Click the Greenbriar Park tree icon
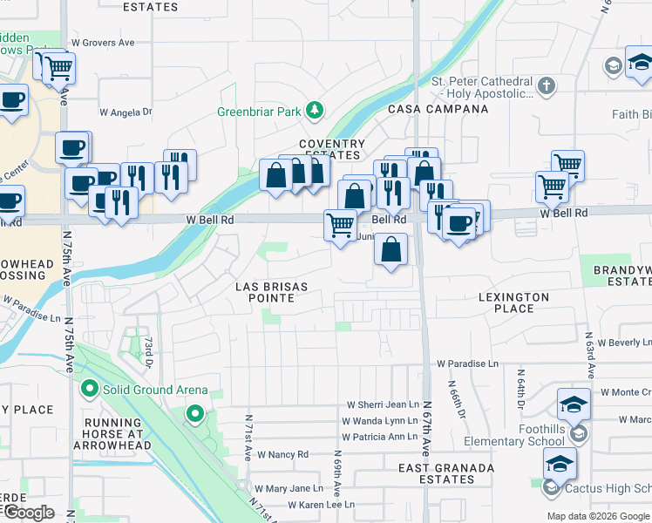[x=314, y=111]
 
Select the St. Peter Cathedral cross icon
[x=546, y=86]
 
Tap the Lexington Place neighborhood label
[x=514, y=302]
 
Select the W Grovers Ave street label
[x=103, y=42]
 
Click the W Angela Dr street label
[x=126, y=112]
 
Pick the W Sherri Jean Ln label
[x=383, y=404]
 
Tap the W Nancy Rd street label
[x=282, y=454]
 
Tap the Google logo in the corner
[x=29, y=512]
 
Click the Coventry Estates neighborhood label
[x=332, y=149]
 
